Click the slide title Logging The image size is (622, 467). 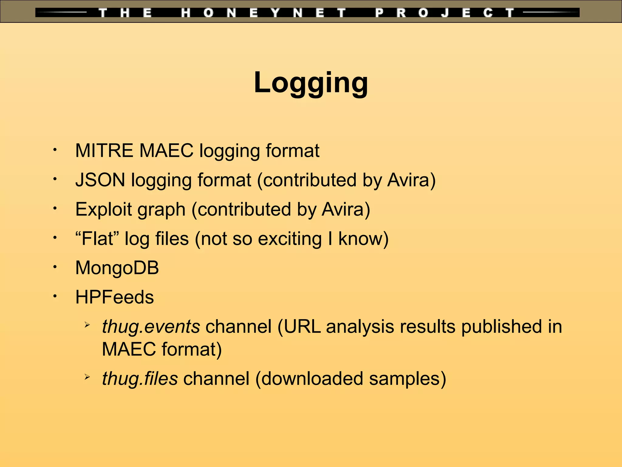[311, 83]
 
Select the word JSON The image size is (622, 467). [100, 180]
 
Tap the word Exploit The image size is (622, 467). [103, 209]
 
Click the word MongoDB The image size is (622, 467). [117, 268]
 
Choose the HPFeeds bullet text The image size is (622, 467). [114, 297]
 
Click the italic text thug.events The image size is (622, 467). [151, 327]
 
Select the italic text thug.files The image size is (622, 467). [140, 379]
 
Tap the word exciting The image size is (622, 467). [290, 239]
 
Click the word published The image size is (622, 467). [501, 327]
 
